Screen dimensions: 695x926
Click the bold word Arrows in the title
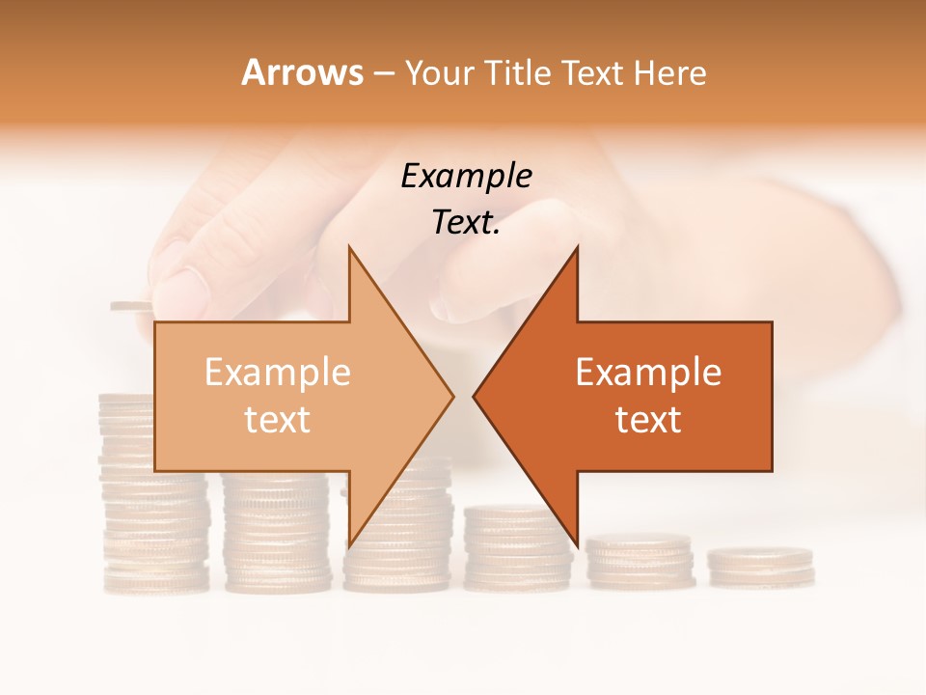[303, 72]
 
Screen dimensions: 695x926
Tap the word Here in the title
[669, 73]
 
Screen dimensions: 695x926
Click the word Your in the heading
[438, 73]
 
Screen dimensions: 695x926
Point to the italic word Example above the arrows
[466, 177]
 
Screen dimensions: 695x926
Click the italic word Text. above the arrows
[466, 223]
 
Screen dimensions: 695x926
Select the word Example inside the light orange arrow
[278, 373]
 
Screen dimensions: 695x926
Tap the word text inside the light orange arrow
[278, 420]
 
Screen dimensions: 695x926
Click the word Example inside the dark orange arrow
[648, 373]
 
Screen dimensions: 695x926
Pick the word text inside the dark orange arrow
[648, 420]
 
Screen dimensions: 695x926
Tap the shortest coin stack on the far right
[760, 567]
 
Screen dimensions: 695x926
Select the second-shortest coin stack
[640, 562]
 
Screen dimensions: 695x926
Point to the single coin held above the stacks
[131, 306]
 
